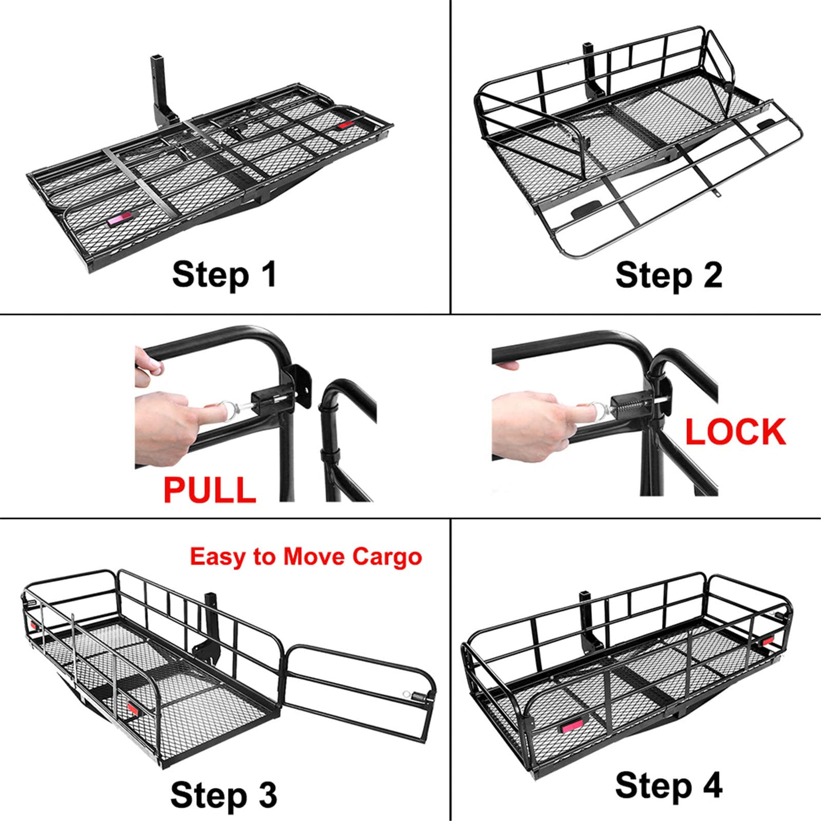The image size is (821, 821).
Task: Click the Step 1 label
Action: [225, 275]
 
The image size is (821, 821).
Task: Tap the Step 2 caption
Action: [669, 275]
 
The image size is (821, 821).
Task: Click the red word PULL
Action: [209, 490]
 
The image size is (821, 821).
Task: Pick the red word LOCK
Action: [736, 432]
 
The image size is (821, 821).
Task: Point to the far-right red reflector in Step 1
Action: [345, 125]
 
